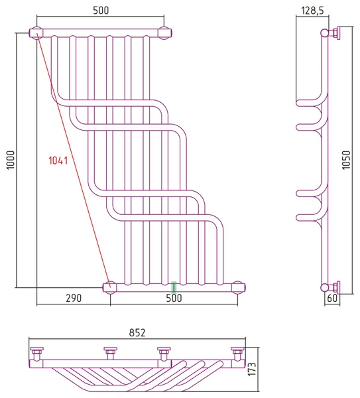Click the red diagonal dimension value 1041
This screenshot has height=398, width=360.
[x=58, y=161]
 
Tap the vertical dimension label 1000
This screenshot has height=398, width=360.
[x=11, y=160]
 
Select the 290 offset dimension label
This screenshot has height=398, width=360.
[x=74, y=298]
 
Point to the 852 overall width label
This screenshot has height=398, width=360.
[x=137, y=332]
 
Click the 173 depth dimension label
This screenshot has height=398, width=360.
[x=252, y=369]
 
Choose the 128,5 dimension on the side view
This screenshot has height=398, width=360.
[x=312, y=11]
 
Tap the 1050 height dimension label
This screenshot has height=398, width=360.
[x=346, y=160]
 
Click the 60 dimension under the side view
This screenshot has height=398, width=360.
[x=332, y=298]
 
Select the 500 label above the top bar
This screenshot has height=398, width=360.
[x=101, y=11]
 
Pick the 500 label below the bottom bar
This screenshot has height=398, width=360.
[x=174, y=298]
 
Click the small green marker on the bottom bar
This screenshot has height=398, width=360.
[x=174, y=288]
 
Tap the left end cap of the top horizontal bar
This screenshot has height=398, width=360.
[x=36, y=33]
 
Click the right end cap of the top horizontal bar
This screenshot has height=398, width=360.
[x=165, y=33]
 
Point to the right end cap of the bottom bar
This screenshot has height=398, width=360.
[x=238, y=288]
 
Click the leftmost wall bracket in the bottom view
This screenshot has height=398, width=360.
[x=36, y=354]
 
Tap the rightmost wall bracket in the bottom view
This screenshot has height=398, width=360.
[x=237, y=354]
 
